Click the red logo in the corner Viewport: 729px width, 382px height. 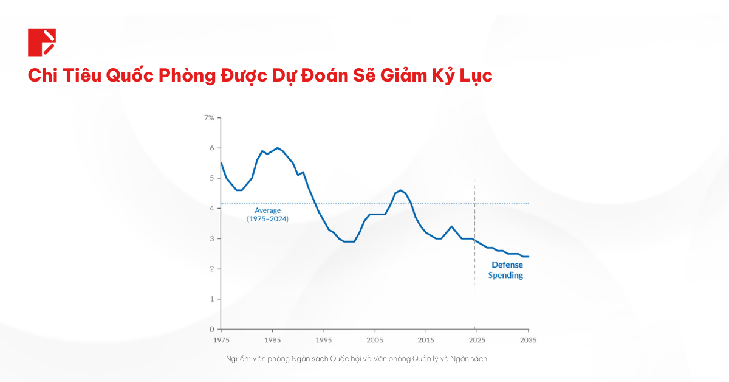click(x=41, y=42)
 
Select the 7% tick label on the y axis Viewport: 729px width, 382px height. click(x=208, y=117)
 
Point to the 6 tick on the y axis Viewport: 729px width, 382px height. click(x=211, y=148)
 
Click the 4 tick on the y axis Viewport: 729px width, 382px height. click(x=211, y=208)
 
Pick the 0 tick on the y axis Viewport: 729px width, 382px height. click(x=211, y=329)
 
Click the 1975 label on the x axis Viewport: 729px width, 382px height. click(x=221, y=339)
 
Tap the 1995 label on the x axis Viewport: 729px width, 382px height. click(x=324, y=339)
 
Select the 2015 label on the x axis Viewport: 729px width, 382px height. click(x=426, y=339)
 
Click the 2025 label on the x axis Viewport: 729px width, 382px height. click(x=477, y=339)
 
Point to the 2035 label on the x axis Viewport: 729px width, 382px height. click(x=528, y=339)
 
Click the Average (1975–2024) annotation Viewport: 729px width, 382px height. click(x=267, y=214)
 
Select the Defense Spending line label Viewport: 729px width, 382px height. click(x=507, y=270)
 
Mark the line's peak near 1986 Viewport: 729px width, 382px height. click(x=278, y=148)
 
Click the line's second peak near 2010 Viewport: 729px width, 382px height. click(x=400, y=190)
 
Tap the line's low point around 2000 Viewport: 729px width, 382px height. click(x=349, y=241)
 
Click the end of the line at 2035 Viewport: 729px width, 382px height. click(x=528, y=257)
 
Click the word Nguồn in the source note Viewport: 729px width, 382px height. click(x=236, y=359)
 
